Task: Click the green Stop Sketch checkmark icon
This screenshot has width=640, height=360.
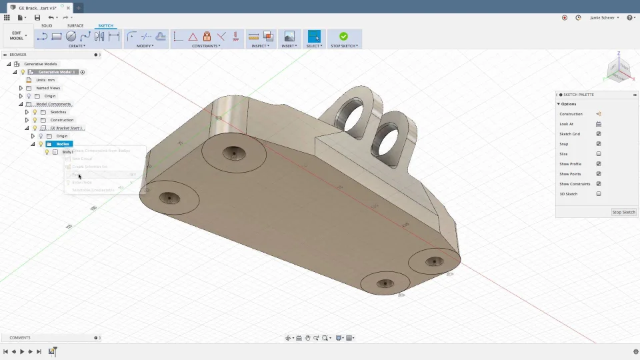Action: point(343,37)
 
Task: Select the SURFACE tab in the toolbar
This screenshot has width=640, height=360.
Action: point(75,26)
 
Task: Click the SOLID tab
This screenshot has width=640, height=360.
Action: point(47,26)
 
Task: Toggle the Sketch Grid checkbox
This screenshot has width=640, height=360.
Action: point(599,134)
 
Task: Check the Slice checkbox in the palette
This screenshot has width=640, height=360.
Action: point(599,154)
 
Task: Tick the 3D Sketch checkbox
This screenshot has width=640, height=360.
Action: point(599,194)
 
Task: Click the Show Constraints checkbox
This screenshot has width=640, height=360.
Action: point(599,184)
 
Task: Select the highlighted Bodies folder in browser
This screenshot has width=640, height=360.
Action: point(62,144)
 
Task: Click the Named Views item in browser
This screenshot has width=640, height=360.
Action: point(48,88)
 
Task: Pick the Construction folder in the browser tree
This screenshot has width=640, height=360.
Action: point(61,120)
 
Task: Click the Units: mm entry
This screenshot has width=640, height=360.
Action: point(45,80)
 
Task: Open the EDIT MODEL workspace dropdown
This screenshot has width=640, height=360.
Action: point(17,36)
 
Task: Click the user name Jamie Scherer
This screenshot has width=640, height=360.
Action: point(603,17)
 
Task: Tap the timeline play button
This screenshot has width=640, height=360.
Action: point(22,351)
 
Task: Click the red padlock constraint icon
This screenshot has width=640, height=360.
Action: point(207,37)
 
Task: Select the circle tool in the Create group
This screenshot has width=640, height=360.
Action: point(71,37)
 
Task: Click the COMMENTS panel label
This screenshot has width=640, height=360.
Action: point(20,338)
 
